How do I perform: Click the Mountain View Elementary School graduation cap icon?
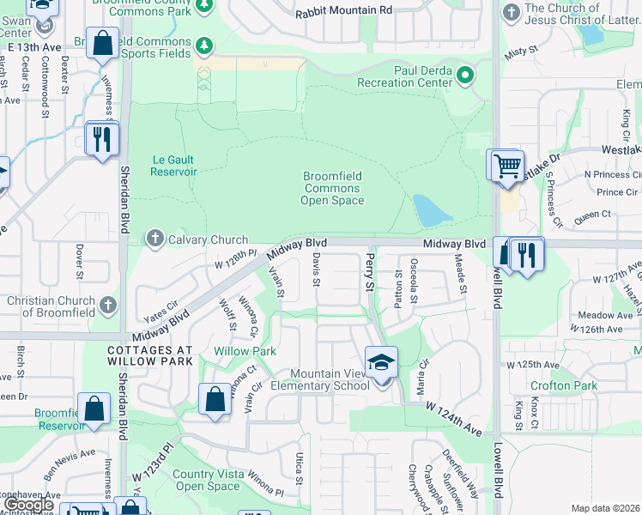(x=382, y=361)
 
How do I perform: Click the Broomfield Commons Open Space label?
(x=331, y=188)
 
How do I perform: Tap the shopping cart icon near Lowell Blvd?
(x=506, y=165)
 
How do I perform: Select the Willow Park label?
(x=245, y=351)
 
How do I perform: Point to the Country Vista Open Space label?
(x=208, y=480)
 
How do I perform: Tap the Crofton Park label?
(x=563, y=386)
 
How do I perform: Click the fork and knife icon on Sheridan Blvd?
(x=102, y=138)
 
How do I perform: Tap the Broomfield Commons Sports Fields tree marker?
(x=204, y=45)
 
